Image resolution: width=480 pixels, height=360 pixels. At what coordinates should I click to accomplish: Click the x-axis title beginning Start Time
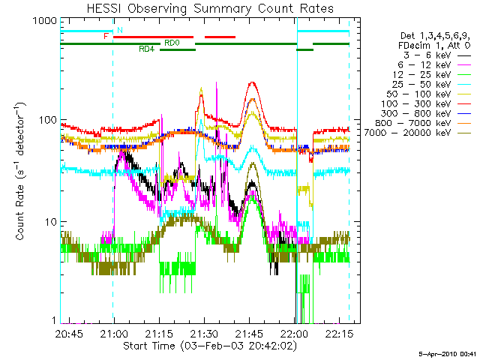pos(203,346)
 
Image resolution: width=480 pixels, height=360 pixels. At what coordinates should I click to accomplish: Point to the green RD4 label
pos(146,49)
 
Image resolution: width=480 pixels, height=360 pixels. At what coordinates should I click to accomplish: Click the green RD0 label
pos(172,43)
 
